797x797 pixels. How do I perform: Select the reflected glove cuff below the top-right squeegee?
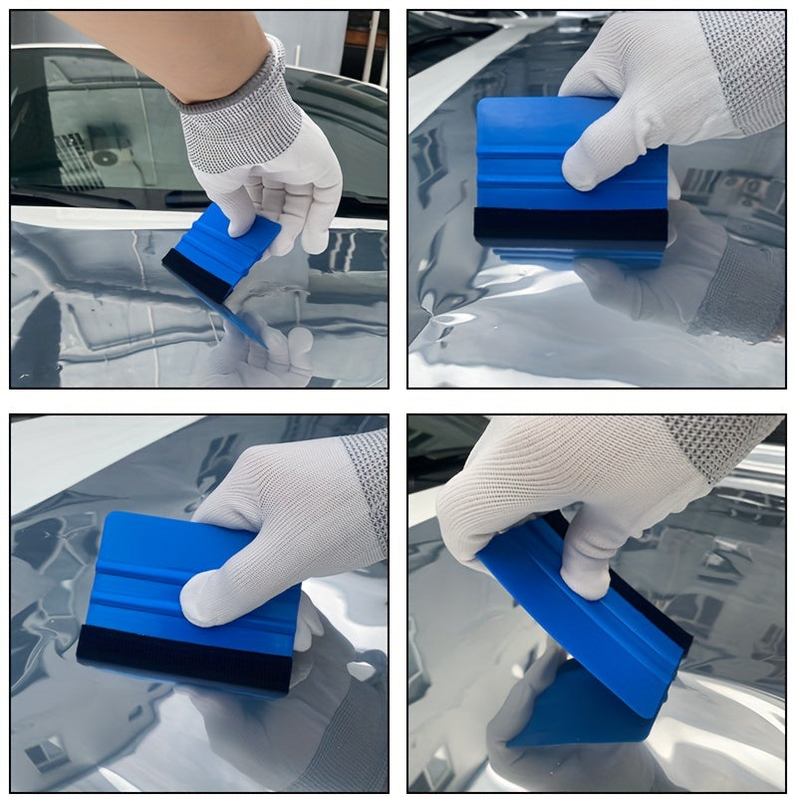tap(737, 289)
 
